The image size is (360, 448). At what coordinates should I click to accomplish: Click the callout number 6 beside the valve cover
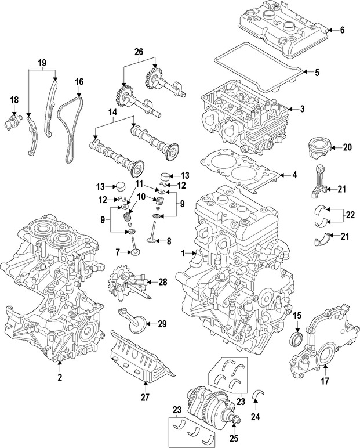point(342,30)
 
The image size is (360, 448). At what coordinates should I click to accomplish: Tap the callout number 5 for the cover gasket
point(317,73)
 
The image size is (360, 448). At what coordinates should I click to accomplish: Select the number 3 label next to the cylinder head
point(303,109)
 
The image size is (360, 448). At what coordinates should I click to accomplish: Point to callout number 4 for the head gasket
point(294,175)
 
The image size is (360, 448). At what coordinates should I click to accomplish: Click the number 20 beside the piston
point(347,147)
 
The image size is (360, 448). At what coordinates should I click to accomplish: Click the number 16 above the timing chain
point(79,82)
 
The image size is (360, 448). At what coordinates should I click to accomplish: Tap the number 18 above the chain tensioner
point(14,100)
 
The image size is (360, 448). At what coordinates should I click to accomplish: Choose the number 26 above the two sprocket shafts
point(139,52)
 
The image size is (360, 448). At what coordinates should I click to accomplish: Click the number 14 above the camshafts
point(113,112)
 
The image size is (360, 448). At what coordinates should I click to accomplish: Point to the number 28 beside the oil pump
point(163,282)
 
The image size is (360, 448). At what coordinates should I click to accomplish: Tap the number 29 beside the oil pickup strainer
point(162,324)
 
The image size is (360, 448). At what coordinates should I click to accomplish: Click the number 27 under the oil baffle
point(145,397)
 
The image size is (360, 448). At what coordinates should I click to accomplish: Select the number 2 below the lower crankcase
point(59,377)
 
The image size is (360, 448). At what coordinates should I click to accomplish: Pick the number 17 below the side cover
point(325,381)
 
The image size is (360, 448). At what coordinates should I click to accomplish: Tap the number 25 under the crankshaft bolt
point(234,438)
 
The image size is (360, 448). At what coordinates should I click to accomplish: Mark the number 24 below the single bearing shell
point(256,417)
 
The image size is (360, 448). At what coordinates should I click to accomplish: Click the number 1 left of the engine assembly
point(184,253)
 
